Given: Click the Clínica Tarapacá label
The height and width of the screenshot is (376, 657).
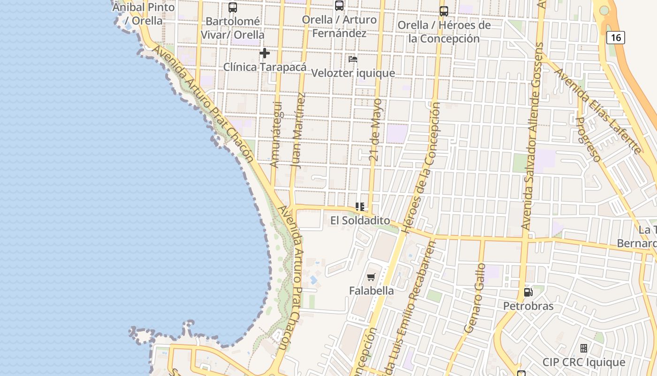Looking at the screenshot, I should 265,67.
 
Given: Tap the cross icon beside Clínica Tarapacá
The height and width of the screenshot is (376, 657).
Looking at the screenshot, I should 265,53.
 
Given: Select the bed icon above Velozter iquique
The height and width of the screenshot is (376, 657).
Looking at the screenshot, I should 353,59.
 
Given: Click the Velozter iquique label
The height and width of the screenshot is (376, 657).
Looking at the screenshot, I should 353,73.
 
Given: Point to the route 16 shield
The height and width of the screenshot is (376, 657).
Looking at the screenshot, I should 615,38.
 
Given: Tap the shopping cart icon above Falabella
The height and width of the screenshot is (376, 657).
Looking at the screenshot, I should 371,277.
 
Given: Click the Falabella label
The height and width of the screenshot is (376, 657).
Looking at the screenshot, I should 371,291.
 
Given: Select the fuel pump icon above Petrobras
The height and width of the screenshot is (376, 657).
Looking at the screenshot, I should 528,292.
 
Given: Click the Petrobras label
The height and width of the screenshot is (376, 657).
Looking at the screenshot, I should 528,306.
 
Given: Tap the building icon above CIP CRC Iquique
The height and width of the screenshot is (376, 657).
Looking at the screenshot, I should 584,348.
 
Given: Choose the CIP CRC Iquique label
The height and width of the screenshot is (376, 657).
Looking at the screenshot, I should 584,362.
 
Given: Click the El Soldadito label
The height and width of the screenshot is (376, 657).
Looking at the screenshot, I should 360,220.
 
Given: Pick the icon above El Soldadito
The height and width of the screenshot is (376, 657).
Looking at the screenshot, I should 360,207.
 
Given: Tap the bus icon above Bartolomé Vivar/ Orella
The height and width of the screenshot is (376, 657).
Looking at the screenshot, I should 233,8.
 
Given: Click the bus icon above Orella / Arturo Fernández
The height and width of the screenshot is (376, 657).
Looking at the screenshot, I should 339,6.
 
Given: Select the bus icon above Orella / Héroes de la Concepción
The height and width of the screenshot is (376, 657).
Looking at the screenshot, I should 444,11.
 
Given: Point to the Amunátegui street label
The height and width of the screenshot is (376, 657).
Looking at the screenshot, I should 276,134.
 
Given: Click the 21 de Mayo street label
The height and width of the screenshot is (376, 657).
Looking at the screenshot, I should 376,130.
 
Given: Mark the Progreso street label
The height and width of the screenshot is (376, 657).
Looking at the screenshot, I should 588,140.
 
